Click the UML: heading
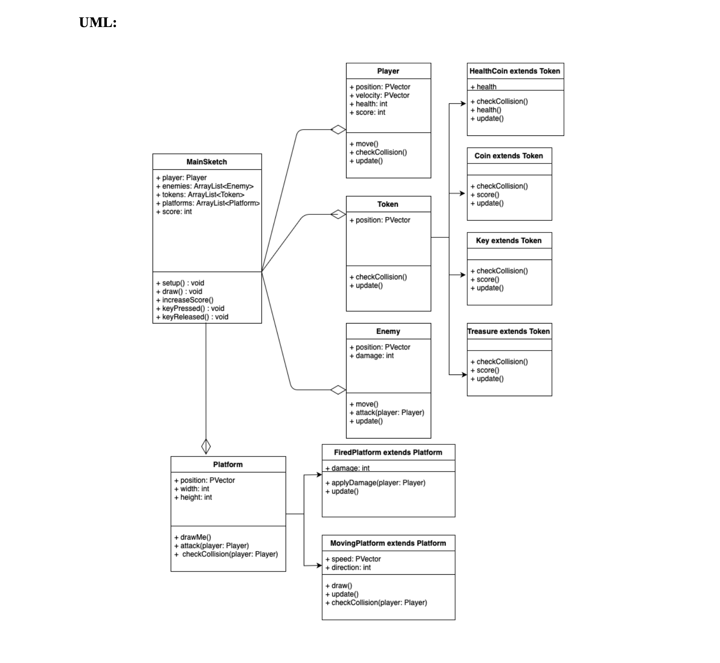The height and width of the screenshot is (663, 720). coord(98,23)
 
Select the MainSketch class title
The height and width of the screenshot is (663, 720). coord(206,162)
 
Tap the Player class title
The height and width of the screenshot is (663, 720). coord(388,71)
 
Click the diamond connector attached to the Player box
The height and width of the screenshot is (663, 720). coord(338,130)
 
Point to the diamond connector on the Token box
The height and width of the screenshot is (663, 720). coord(338,214)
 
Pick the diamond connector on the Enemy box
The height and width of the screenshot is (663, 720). coord(338,390)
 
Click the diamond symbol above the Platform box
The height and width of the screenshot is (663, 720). coord(206,446)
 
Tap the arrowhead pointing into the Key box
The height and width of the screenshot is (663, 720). coord(463,275)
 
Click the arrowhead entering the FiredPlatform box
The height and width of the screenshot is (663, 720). coord(319,475)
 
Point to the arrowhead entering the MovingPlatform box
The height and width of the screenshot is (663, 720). coord(319,566)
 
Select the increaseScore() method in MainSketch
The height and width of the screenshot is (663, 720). coord(187,300)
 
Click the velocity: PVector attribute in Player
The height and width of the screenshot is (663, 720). coord(382,95)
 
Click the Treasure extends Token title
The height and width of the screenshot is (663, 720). coord(508,331)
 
